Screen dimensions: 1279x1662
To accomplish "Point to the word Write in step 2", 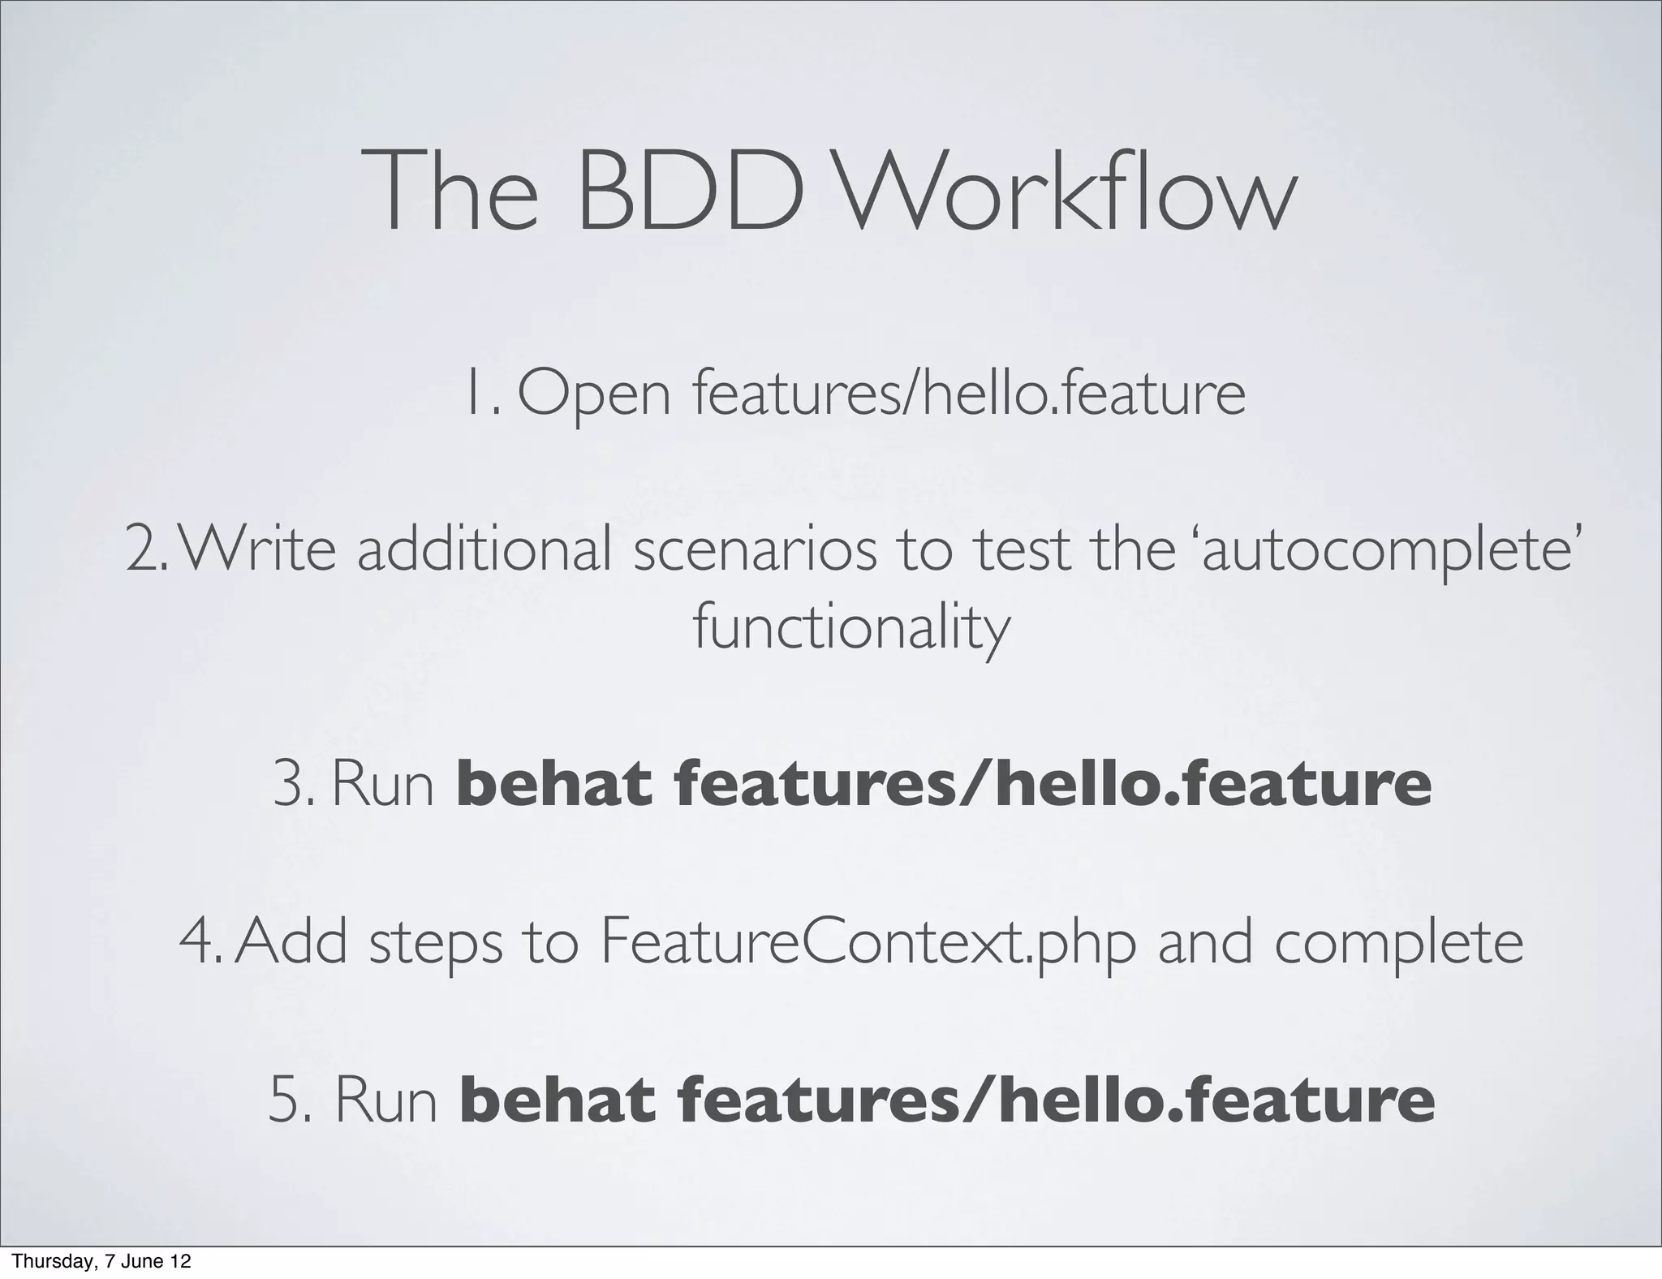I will pyautogui.click(x=260, y=549).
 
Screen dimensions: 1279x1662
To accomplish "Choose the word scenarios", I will pyautogui.click(x=756, y=549).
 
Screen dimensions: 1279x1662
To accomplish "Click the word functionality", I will pyautogui.click(x=851, y=629).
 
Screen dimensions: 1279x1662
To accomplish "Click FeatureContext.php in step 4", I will pyautogui.click(x=868, y=943).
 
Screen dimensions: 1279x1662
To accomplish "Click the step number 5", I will pyautogui.click(x=286, y=1102).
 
